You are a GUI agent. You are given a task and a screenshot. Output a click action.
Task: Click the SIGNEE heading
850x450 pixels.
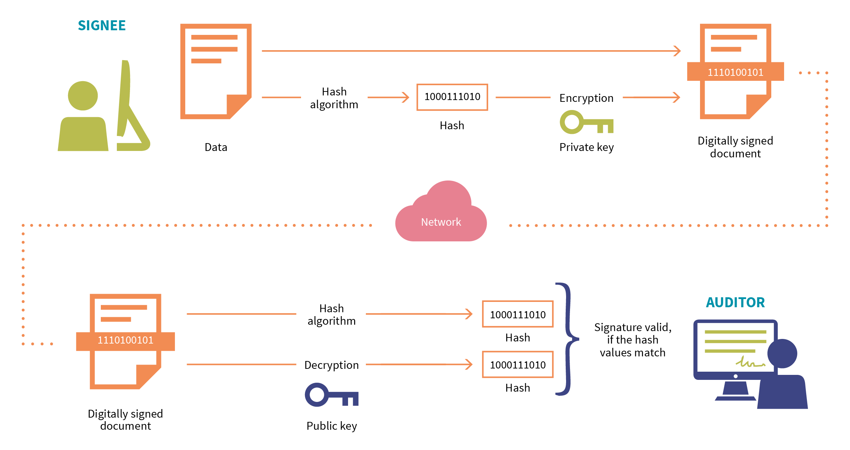pos(102,26)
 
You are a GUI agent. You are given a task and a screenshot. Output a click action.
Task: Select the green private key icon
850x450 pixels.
pos(586,122)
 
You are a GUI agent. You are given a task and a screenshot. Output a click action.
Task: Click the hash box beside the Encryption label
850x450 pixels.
pos(452,97)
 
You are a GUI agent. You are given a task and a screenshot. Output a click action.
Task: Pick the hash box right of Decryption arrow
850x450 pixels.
pos(517,365)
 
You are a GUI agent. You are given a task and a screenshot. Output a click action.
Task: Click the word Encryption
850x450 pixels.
pos(586,98)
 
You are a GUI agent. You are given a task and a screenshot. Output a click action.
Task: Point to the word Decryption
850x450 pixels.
pos(331,365)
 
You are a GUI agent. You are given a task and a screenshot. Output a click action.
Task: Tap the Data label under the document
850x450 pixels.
pos(216,147)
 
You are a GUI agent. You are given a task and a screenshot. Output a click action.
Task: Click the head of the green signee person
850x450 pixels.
pos(83,95)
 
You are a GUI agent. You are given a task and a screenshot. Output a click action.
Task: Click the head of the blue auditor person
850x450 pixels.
pos(782,353)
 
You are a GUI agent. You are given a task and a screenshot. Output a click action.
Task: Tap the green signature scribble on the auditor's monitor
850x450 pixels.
pos(750,362)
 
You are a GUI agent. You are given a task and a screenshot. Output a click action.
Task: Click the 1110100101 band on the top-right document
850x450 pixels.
pos(735,72)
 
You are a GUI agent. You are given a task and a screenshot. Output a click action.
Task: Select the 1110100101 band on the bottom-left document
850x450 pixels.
pos(125,341)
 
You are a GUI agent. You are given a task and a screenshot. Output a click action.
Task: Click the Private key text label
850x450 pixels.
pos(586,147)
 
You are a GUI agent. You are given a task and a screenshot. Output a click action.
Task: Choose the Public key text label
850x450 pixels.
pos(332,426)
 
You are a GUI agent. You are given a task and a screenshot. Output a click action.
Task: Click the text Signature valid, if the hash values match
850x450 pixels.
pos(632,340)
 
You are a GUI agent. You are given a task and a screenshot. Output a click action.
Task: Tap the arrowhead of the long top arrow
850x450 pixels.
pos(677,51)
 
